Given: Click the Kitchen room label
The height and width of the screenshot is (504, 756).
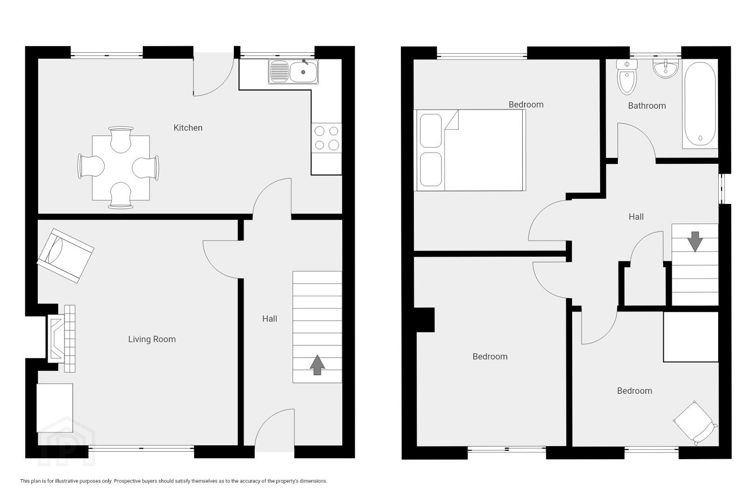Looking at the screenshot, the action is coord(188,127).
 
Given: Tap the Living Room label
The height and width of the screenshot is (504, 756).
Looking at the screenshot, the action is coord(152,339).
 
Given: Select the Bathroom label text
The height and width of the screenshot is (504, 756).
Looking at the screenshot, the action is coord(647,105).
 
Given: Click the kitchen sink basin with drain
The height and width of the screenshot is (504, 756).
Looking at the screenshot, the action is coord(303,71).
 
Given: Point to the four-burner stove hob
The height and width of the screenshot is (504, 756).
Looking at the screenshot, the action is coord(327,138).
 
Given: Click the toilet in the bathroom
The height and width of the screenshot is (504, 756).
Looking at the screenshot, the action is coord(627,77).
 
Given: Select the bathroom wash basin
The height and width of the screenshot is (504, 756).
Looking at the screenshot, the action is coord(665,69).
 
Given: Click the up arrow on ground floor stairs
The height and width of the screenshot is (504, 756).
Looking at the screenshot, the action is coord(317,365).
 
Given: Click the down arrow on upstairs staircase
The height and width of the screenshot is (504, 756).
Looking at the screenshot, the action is coord(695,241).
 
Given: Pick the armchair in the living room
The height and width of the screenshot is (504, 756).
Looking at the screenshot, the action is coord(65,256).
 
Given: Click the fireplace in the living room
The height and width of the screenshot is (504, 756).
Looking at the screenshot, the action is coord(62,339).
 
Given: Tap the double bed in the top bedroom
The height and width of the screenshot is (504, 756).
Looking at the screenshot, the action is coord(470,150).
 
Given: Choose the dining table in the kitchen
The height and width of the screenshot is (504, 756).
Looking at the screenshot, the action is coord(121,168).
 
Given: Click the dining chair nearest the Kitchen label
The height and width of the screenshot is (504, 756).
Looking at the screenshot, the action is coord(146,168).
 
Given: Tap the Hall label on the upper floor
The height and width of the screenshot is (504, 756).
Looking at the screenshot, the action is coord(636,217).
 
